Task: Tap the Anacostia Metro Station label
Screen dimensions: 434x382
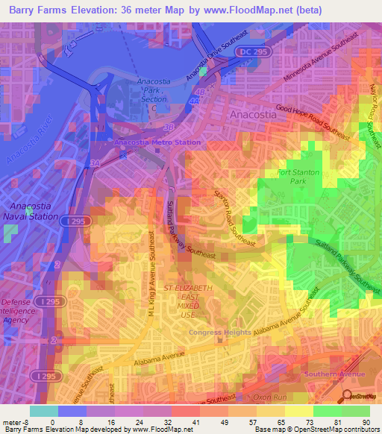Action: (157, 142)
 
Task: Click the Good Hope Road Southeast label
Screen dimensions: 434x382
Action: (312, 122)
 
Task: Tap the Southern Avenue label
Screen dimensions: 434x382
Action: (332, 374)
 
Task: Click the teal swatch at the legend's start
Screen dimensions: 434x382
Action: (44, 411)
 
